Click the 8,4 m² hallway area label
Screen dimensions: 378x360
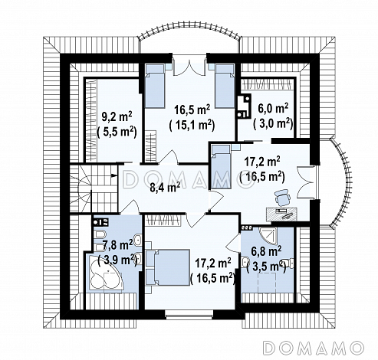click(x=165, y=188)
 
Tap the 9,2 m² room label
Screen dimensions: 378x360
click(x=117, y=116)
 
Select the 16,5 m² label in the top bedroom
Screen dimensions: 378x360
click(x=192, y=110)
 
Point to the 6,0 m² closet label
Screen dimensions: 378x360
click(x=273, y=108)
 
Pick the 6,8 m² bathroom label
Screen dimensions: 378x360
click(x=266, y=251)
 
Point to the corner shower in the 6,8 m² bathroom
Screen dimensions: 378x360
click(x=268, y=235)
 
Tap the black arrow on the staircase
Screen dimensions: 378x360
click(x=114, y=175)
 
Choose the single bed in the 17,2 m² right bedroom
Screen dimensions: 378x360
click(x=220, y=167)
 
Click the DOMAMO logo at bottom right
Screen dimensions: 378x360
click(x=314, y=347)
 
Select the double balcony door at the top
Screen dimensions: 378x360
click(x=189, y=67)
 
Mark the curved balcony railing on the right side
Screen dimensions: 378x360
click(x=343, y=182)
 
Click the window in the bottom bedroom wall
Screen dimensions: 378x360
click(x=189, y=315)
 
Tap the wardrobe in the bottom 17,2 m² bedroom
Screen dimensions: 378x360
click(x=163, y=220)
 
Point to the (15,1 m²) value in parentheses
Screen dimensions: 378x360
click(x=192, y=126)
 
